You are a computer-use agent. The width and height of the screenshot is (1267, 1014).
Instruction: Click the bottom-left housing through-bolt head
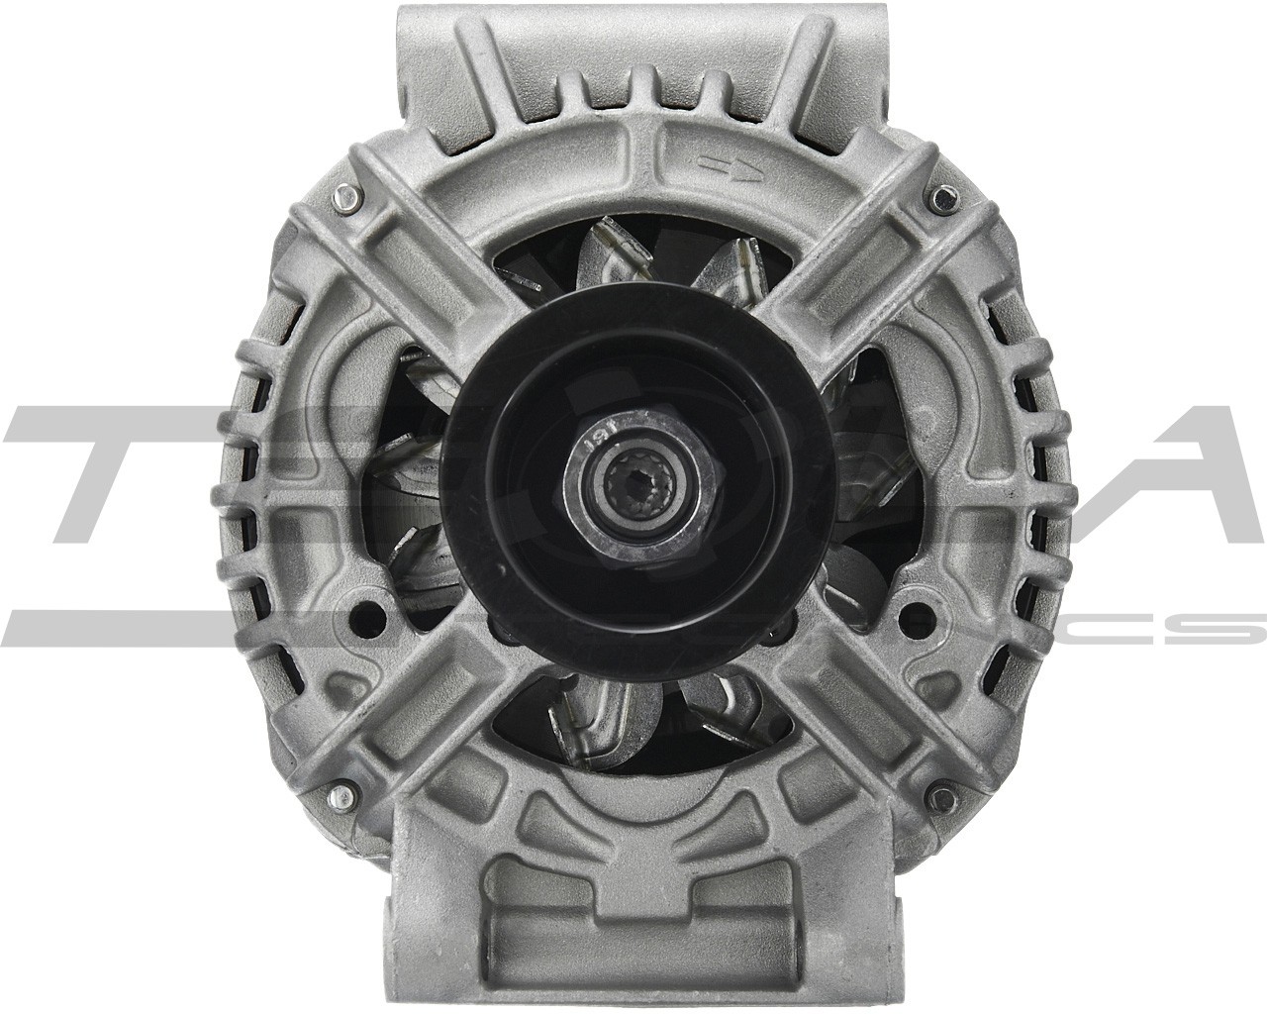click(x=343, y=792)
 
